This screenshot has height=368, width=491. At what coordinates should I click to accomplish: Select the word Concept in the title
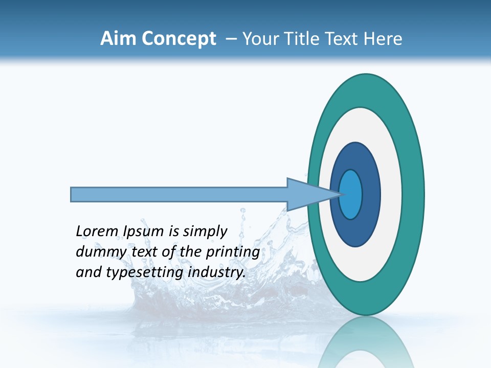coord(178,39)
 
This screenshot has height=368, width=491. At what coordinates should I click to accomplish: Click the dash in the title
coord(231,39)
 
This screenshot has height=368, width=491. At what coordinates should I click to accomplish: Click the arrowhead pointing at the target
coord(307,195)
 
